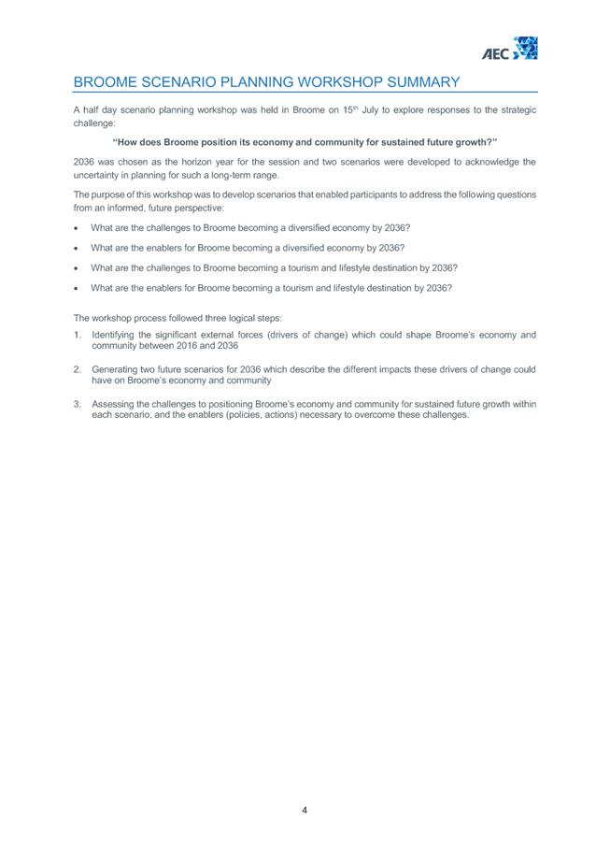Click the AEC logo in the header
click(509, 49)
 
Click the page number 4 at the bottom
click(305, 810)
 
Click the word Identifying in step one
click(115, 334)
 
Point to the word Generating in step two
click(116, 369)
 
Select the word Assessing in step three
click(114, 404)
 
